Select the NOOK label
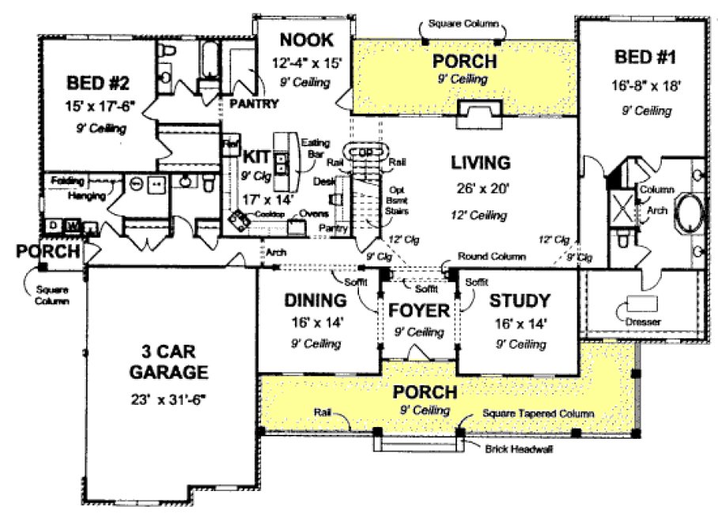click(306, 40)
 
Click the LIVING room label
click(480, 163)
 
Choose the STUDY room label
click(519, 300)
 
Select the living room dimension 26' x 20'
click(480, 189)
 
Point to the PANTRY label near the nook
click(253, 104)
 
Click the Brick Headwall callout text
click(520, 448)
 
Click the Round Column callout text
click(492, 256)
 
